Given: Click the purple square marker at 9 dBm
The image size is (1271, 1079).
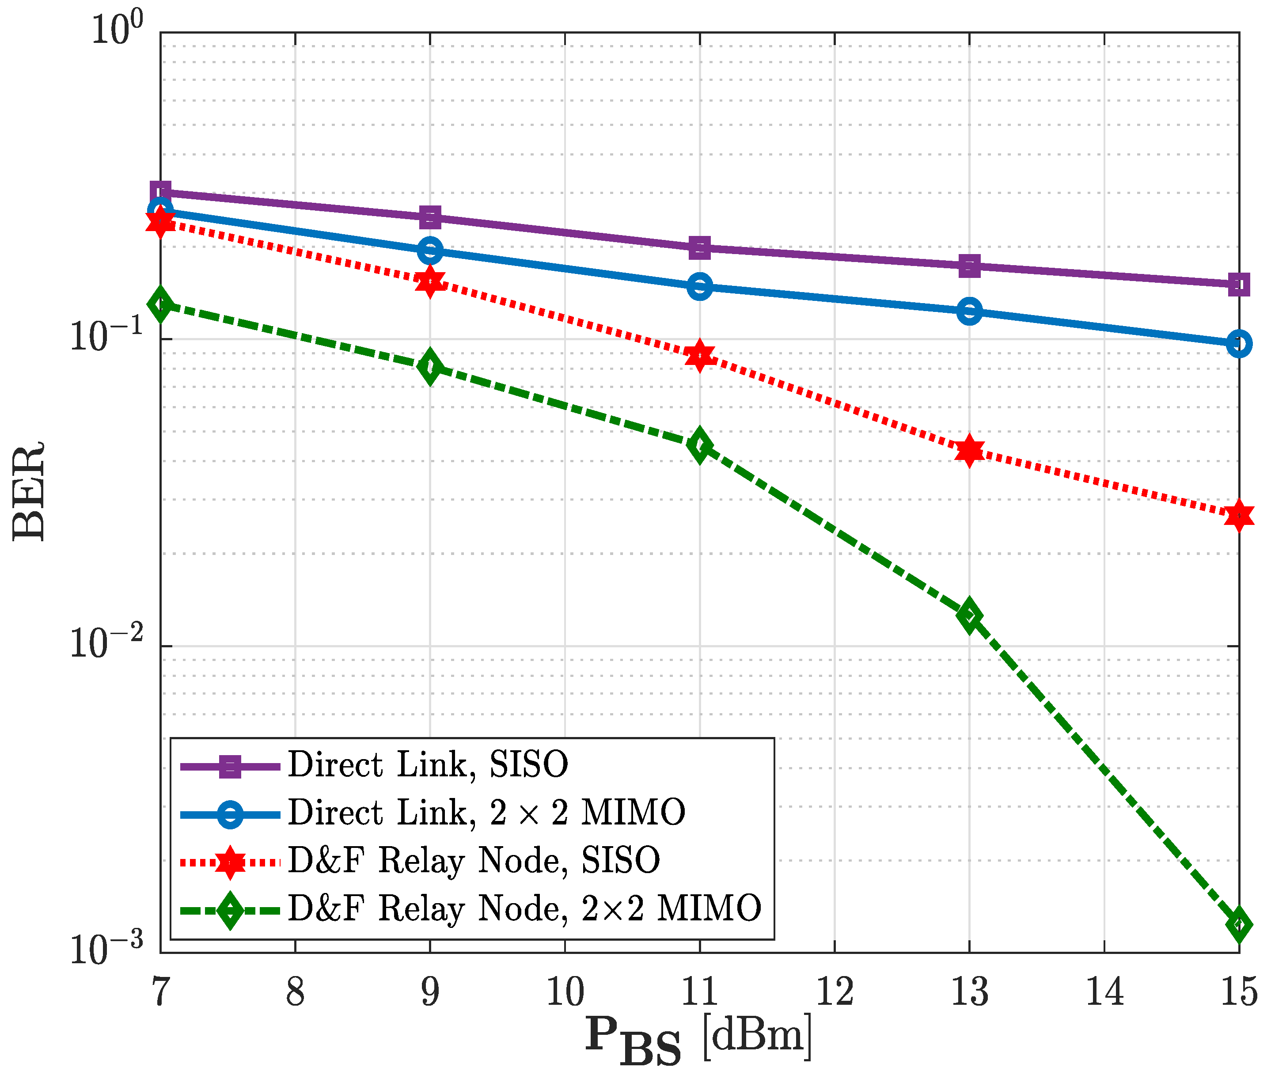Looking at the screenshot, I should tap(430, 217).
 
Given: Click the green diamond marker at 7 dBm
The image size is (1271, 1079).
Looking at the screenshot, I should tap(161, 304).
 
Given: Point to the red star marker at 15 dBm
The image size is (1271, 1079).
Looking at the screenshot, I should tap(1239, 516).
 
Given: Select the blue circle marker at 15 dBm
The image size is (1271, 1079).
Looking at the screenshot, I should tap(1239, 344).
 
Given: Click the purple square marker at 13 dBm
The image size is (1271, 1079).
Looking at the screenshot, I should tap(969, 266).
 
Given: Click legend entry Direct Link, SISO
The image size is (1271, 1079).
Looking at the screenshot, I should tap(428, 764).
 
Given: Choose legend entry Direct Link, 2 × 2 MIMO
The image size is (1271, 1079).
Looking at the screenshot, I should tap(486, 813).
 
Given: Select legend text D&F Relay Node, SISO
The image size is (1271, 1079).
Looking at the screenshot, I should tap(474, 861).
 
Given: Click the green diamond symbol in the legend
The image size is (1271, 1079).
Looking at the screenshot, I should tap(230, 911).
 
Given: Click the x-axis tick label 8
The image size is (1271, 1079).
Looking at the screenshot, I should tap(296, 992).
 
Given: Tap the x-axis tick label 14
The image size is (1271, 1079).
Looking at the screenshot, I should tap(1104, 992).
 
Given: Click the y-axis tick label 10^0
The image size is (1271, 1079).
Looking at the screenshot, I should tap(117, 29).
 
